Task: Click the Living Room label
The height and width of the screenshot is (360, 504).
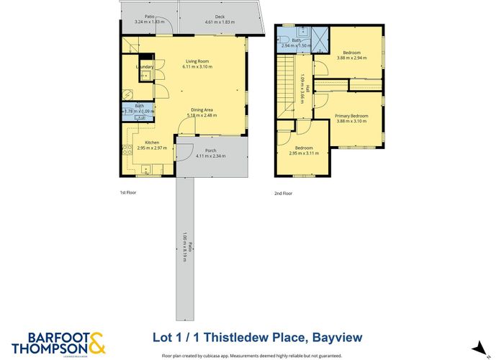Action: [x=192, y=61]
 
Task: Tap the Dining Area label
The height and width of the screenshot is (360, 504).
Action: [x=202, y=110]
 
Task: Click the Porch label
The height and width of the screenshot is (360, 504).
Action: [x=211, y=150]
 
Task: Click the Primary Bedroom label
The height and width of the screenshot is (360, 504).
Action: [x=351, y=116]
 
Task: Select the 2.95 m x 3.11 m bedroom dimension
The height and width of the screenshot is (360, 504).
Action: [x=303, y=153]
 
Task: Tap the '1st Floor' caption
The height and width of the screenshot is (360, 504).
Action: [x=128, y=193]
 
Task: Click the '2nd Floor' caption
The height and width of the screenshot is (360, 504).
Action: [x=283, y=193]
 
